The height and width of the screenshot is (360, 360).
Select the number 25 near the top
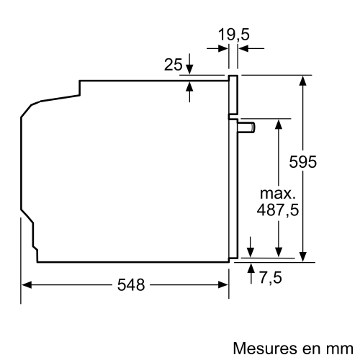coord(173,65)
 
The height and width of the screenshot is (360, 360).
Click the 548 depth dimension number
coord(130,284)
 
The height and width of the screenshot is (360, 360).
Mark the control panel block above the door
coord(233,95)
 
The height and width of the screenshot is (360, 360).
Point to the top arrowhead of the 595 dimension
coord(303,79)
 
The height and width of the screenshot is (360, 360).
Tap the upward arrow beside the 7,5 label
coord(251,268)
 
